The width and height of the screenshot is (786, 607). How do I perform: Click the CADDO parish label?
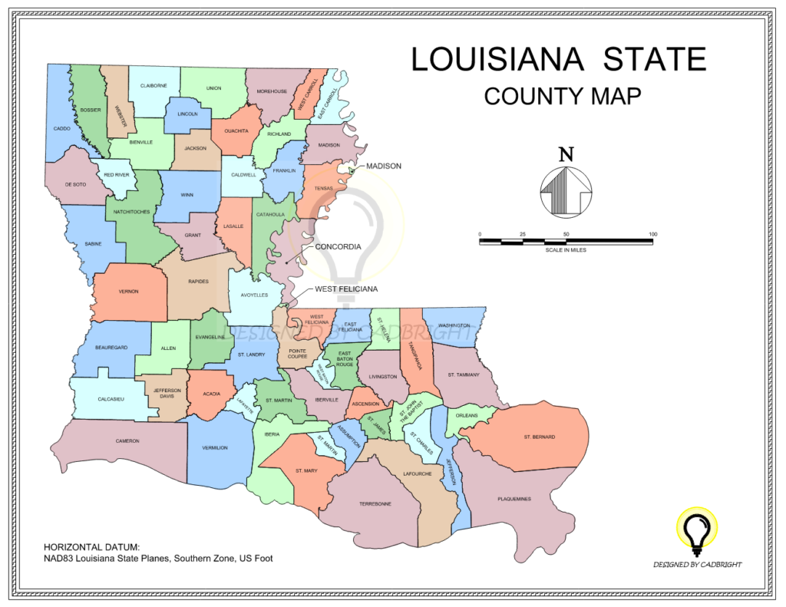[x=62, y=129]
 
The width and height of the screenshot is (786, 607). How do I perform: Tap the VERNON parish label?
[x=129, y=292]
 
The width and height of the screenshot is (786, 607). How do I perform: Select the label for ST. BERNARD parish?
[x=539, y=437]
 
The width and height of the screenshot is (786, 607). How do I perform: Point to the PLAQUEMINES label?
[x=514, y=499]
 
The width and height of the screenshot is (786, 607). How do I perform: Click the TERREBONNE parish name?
[x=375, y=503]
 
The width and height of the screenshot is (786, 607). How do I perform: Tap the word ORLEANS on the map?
[x=467, y=415]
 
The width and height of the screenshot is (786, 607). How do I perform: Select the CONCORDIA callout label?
[x=339, y=247]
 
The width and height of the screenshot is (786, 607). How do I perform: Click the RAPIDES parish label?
[x=198, y=282]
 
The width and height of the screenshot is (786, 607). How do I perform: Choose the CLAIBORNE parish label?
[x=154, y=85]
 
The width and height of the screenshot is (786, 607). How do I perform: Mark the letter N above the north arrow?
[x=566, y=154]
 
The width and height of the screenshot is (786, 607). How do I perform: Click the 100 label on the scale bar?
[x=652, y=234]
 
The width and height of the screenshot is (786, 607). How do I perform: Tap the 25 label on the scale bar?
[x=523, y=234]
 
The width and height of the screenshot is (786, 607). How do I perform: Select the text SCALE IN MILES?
[x=566, y=250]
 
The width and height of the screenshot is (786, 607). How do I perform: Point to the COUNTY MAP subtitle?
[x=562, y=96]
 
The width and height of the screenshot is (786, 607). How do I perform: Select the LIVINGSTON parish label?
[x=382, y=376]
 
